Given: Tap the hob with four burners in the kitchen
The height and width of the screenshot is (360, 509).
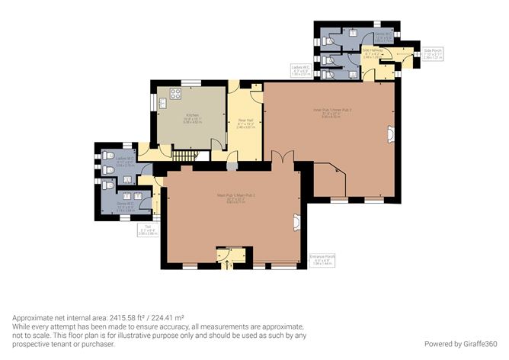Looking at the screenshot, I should click(x=174, y=95).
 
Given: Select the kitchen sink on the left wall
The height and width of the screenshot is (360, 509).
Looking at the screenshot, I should click(x=161, y=102).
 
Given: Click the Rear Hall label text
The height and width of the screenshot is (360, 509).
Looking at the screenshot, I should click(x=245, y=122).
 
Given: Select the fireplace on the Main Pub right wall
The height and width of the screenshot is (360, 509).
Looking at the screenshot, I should click(x=296, y=221).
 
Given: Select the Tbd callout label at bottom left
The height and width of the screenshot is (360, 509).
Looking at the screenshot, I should click(x=147, y=230).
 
